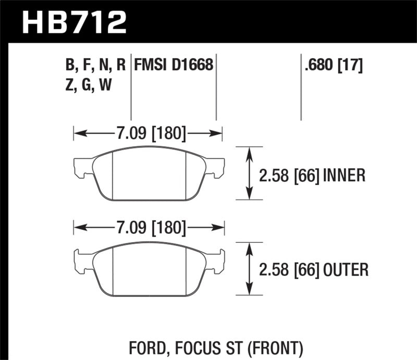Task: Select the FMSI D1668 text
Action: [x=174, y=65]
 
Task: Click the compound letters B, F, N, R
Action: [x=96, y=65]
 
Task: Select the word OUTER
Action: [x=346, y=269]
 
